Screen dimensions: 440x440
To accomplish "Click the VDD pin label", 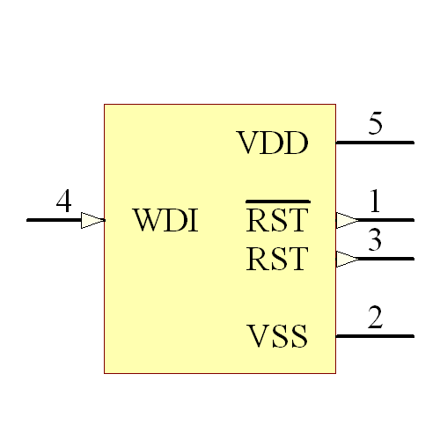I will [x=273, y=143].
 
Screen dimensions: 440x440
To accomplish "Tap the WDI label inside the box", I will [x=165, y=220].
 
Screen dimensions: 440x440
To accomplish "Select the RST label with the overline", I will [x=277, y=220].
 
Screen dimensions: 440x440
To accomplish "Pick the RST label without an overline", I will [x=277, y=259].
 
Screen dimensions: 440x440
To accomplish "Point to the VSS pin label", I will [x=277, y=336].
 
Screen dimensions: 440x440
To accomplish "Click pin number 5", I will [x=375, y=124].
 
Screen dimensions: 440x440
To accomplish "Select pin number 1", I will [x=375, y=202].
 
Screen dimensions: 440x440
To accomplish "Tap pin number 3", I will [x=375, y=240].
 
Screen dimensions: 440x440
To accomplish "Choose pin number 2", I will [x=375, y=318].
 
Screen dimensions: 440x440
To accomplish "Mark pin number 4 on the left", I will [x=63, y=202].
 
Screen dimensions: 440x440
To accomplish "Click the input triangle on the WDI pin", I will [x=92, y=220].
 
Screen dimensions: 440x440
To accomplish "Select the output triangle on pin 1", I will [x=347, y=220].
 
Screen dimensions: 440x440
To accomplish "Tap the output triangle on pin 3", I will [x=347, y=259].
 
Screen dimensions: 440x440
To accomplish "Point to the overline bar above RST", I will [x=277, y=202].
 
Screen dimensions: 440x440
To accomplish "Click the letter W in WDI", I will [x=147, y=220].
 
